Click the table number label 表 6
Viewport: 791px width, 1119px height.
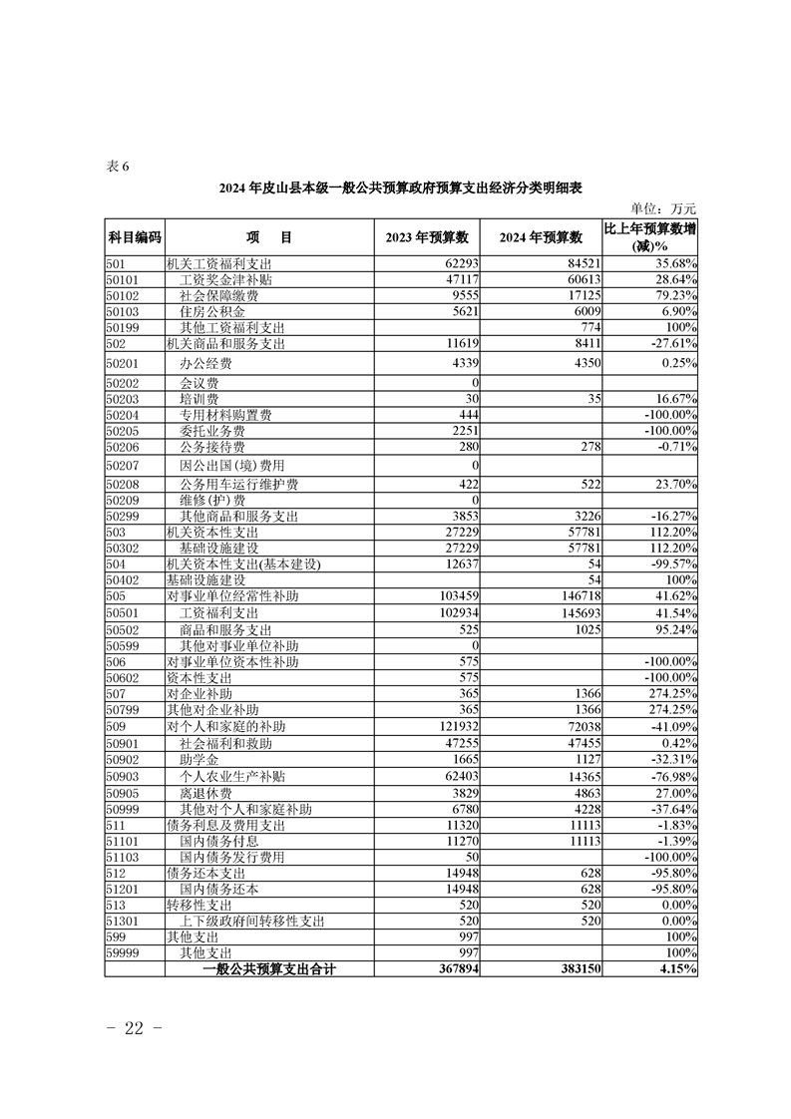(118, 167)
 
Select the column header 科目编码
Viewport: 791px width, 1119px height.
(134, 237)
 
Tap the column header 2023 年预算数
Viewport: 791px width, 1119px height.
(427, 237)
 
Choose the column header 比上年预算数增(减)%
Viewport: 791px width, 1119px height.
(649, 237)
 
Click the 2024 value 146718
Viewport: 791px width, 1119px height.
(578, 594)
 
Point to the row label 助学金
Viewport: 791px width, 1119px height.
(199, 760)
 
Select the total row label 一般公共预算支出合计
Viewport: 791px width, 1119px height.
(268, 967)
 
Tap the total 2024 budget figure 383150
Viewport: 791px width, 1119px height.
(576, 967)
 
